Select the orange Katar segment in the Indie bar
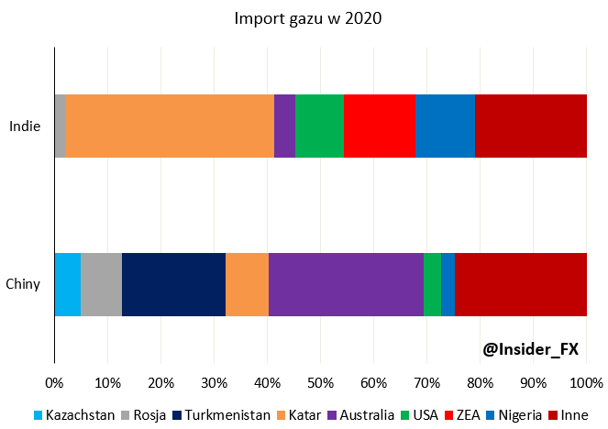[170, 126]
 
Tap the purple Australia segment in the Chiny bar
[346, 284]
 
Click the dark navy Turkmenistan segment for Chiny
[173, 284]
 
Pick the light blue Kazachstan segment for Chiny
[67, 284]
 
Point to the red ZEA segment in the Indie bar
[380, 126]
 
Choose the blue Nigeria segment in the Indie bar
[445, 126]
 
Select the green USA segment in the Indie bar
[319, 126]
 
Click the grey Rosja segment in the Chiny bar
[101, 284]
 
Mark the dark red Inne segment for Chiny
[520, 284]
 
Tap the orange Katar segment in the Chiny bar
[247, 284]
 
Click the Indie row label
[25, 126]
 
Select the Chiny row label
[23, 284]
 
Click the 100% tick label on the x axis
[586, 380]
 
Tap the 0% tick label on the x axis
[55, 380]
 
